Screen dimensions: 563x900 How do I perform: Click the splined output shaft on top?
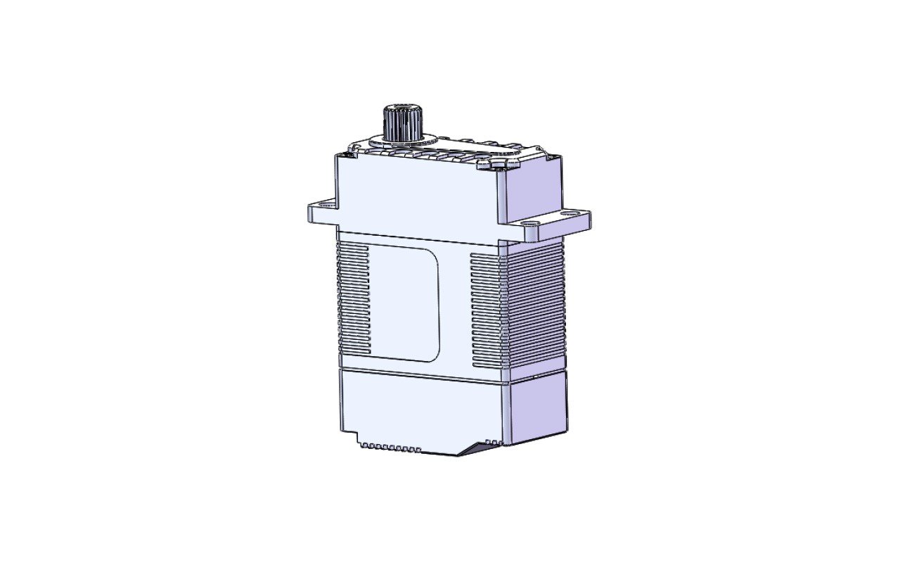[x=401, y=120]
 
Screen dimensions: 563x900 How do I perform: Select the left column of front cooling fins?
[x=353, y=298]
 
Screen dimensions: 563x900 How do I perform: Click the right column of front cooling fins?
[x=486, y=310]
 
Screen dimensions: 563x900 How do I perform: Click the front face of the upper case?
[x=418, y=197]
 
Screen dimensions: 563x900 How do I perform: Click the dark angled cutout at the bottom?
[x=478, y=448]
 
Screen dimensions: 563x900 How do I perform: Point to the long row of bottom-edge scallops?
[x=390, y=447]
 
